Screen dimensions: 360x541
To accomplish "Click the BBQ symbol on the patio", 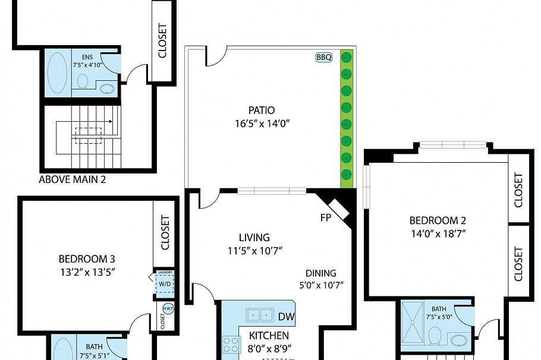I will pos(324,58).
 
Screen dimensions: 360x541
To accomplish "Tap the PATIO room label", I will pos(262,110).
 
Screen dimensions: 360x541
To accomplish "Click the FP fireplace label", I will pos(325,217).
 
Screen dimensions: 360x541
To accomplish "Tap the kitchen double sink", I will pos(260,314).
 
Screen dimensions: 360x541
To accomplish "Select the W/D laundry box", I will pos(163,283).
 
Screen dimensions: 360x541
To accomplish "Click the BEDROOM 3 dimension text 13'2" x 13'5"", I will pos(87,273).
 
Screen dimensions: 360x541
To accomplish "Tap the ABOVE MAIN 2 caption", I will pos(72,179).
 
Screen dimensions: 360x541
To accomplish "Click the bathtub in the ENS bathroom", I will pos(58,72).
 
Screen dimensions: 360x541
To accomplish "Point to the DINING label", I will pos(321,273).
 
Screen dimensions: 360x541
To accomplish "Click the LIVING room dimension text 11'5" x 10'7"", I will pos(254,251).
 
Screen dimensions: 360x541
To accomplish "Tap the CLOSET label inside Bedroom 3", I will pos(165,232).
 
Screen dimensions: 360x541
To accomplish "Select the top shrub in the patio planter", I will pos(346,58).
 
